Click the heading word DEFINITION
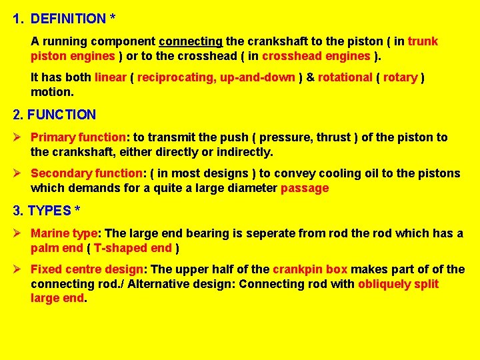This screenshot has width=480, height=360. point(68,19)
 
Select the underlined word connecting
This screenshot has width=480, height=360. point(190,41)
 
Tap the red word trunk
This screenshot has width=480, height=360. point(423,41)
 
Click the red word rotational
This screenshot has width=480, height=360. point(345,77)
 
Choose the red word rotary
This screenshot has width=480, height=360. point(400,77)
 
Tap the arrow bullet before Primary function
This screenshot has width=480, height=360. point(19,137)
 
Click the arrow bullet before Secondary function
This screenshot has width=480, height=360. point(19,173)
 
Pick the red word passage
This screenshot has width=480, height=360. point(305,188)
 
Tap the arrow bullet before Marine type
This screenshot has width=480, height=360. point(19,233)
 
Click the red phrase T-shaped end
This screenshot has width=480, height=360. point(133,248)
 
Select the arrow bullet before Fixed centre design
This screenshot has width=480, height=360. point(19,269)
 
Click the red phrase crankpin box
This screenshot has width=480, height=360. point(310,269)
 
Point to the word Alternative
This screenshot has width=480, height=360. point(159,284)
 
